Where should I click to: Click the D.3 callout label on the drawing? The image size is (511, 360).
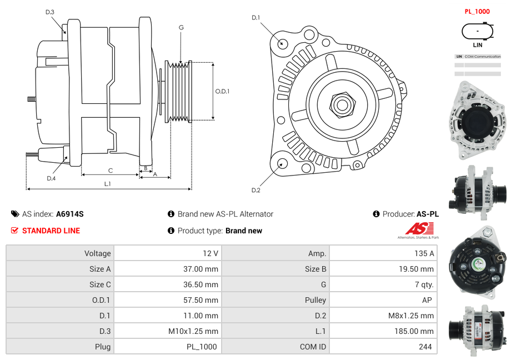(50, 12)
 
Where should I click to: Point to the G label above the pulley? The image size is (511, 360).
(181, 27)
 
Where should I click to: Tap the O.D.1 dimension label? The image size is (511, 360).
(222, 91)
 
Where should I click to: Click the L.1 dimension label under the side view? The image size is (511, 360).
(108, 183)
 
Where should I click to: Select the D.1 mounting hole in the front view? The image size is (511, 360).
(283, 43)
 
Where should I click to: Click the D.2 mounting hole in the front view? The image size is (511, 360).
(282, 163)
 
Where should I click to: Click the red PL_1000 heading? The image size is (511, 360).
(477, 11)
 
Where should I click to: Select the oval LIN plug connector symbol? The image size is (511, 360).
(477, 31)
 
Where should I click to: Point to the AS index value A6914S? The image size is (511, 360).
(69, 214)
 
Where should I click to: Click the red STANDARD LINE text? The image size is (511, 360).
(51, 231)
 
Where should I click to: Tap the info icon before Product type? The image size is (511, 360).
(171, 231)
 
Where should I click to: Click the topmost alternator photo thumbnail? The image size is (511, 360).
(477, 119)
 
